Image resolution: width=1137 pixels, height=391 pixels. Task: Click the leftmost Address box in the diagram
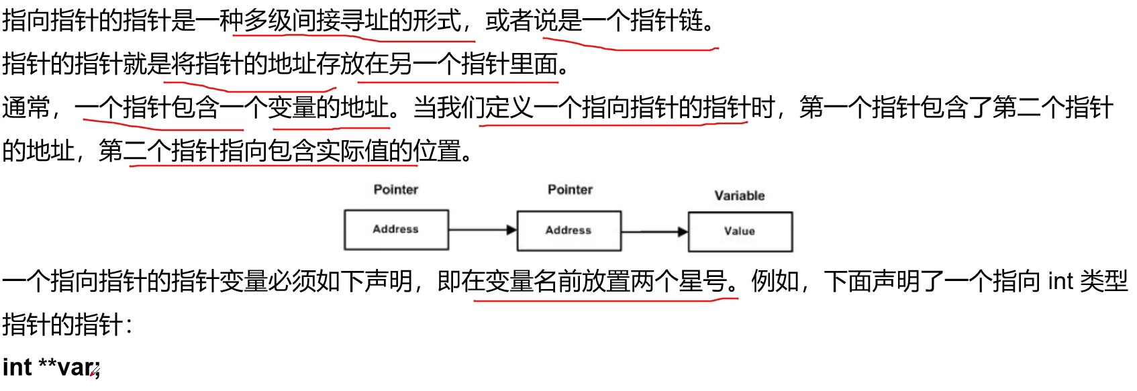coord(397,230)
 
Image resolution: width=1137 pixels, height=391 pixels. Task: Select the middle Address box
coord(569,231)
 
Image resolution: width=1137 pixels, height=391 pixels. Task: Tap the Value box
coord(740,232)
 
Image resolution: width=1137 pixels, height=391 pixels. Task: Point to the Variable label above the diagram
coord(740,196)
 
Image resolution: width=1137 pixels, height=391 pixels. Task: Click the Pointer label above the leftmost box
coord(396,190)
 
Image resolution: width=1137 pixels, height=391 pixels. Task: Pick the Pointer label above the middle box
coord(570,190)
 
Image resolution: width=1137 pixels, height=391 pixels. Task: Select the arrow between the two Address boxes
coord(483,230)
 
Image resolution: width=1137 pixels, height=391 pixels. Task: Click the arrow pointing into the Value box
coord(655,232)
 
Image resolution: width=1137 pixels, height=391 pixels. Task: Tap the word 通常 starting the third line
coord(26,107)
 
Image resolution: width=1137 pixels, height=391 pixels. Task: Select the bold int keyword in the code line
coord(17,367)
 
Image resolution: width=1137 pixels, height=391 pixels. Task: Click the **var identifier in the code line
coord(68,367)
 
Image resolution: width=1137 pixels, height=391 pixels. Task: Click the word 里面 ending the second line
coord(534,64)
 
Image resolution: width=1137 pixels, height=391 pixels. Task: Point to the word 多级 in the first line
coord(268,21)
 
